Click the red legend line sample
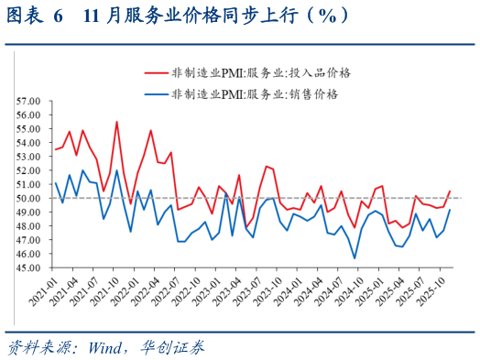point(157,72)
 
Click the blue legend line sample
point(157,93)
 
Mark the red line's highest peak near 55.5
point(116,122)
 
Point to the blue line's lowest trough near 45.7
point(355,258)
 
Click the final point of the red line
point(449,191)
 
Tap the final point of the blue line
point(449,210)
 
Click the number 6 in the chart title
point(60,16)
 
